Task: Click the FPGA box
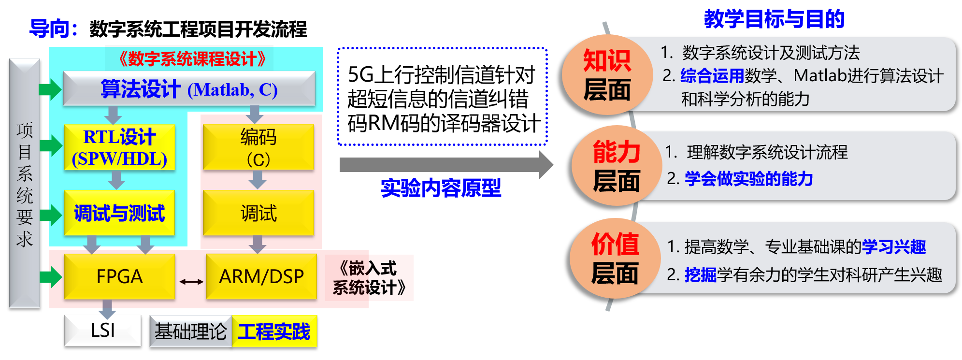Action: (119, 276)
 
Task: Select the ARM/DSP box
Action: (261, 276)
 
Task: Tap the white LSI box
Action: (103, 331)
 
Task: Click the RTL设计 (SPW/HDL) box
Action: (119, 147)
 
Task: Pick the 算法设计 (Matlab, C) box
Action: (189, 89)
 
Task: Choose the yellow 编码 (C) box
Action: (258, 147)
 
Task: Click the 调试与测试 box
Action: (119, 213)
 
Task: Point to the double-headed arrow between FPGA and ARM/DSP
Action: (191, 281)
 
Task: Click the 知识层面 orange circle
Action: (607, 75)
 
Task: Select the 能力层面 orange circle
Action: (616, 166)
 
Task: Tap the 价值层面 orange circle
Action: (615, 258)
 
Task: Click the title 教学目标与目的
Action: (774, 19)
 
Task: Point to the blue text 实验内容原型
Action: (441, 187)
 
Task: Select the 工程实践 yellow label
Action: (274, 331)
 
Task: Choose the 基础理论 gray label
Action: (191, 331)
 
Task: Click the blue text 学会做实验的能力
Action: (748, 179)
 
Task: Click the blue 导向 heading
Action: (53, 28)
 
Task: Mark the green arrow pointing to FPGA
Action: (50, 277)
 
